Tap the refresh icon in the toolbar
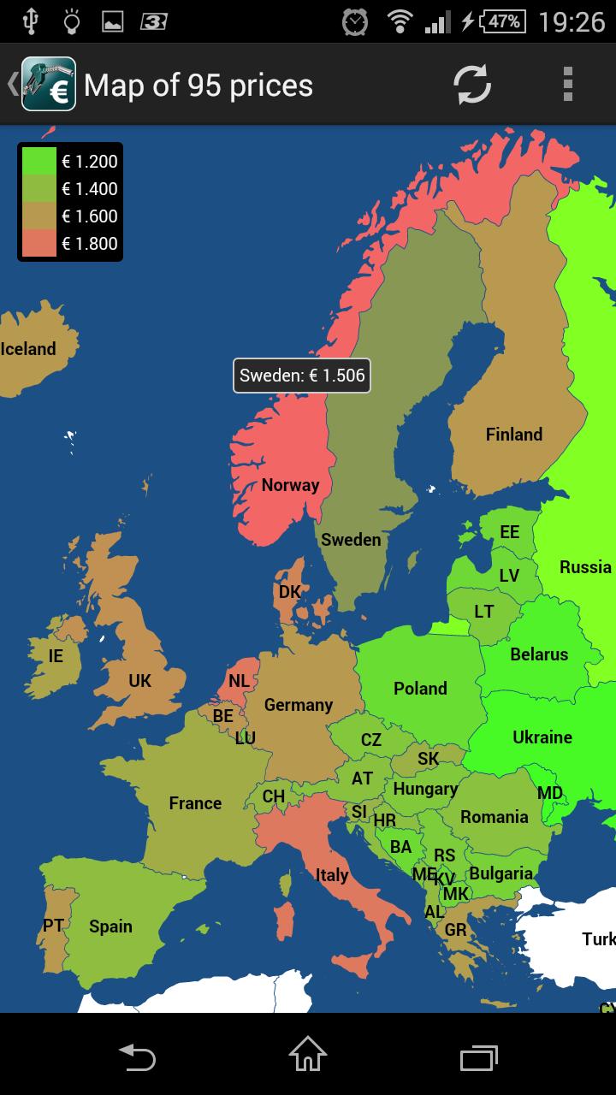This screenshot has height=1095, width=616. tap(472, 85)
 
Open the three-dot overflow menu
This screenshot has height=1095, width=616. tap(567, 85)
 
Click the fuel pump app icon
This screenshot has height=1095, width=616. tap(49, 84)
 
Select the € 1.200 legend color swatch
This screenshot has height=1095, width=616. tap(38, 161)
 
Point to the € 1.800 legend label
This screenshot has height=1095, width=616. tap(90, 244)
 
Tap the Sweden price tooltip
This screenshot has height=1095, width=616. tap(302, 376)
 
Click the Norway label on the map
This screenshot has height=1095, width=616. tap(290, 485)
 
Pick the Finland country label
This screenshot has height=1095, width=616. tap(514, 435)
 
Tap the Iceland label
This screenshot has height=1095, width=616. tap(28, 349)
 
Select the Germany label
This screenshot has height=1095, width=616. tap(298, 705)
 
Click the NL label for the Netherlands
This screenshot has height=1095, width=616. tap(240, 681)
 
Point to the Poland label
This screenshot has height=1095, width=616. tap(420, 689)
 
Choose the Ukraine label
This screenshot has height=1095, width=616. tap(542, 737)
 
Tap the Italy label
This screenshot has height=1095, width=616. tap(332, 875)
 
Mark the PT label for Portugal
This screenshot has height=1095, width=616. tap(53, 926)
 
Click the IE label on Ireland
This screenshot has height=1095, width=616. tap(56, 656)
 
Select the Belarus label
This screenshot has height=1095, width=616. tap(539, 654)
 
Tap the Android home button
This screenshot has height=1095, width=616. tap(308, 1054)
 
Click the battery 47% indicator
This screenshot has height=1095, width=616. tap(503, 21)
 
